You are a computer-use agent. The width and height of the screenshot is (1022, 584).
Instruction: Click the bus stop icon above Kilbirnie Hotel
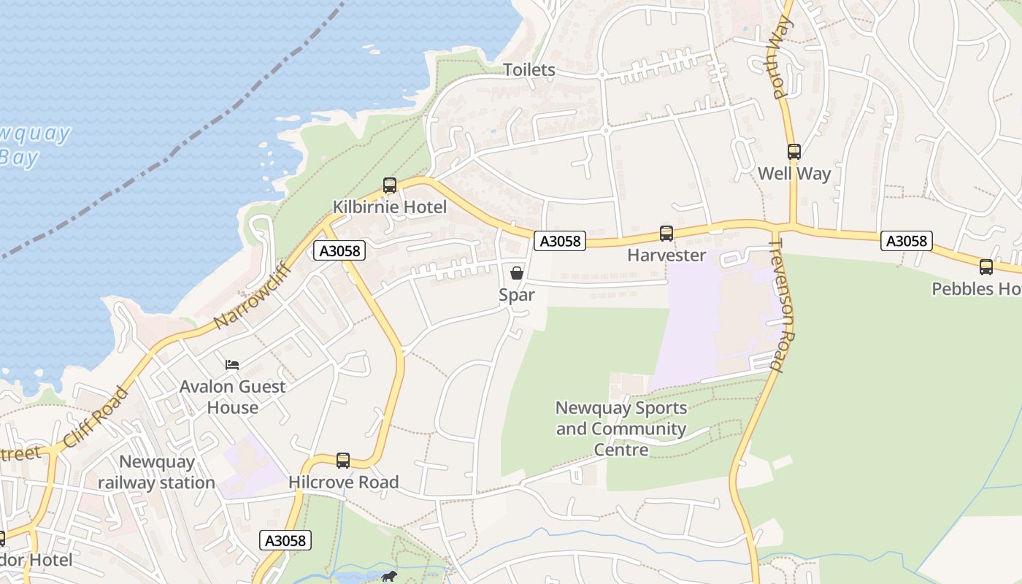390,185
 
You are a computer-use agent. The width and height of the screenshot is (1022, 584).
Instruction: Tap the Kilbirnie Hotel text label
390,207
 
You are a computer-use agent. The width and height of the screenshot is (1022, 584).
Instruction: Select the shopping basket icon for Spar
517,274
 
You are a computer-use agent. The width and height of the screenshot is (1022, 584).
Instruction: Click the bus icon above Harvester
666,234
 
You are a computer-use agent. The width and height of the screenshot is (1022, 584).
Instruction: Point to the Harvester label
666,255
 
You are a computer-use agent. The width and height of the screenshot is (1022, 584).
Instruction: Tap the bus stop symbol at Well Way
794,152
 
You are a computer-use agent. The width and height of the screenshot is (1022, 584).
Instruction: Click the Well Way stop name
794,174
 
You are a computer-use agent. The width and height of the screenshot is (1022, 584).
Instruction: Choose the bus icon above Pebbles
986,267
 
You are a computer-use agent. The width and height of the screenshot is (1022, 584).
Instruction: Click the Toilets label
529,70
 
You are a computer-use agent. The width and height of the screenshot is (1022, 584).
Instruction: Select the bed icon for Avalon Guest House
232,364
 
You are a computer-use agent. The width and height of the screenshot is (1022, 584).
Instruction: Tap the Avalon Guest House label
232,396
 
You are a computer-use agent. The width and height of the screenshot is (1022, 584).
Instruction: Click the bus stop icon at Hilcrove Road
343,461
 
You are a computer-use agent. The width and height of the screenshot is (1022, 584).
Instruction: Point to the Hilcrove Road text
343,483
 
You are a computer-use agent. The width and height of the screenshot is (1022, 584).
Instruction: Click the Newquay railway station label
156,472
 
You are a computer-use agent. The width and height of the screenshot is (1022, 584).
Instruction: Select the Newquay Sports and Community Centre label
621,429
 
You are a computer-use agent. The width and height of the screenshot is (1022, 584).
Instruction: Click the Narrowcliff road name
253,296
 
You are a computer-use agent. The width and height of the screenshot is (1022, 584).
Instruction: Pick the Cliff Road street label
96,418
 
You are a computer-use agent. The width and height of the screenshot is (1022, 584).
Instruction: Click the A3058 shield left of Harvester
560,241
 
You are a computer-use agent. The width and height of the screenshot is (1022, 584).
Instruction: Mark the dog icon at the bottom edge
389,577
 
